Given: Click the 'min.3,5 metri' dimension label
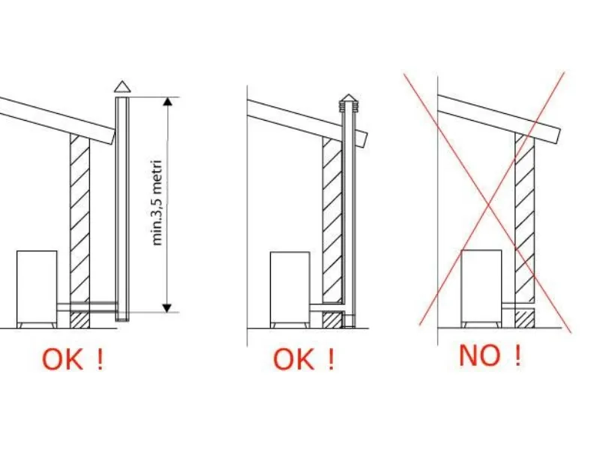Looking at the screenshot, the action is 157,202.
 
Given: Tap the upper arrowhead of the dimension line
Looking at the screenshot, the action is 167,102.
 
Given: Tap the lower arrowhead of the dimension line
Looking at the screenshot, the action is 167,307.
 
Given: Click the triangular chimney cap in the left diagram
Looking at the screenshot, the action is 122,87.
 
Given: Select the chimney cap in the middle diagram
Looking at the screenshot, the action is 348,103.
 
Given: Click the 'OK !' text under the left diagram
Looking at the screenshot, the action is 73,359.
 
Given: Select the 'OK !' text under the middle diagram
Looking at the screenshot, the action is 304,359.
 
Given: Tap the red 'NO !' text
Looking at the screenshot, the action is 490,355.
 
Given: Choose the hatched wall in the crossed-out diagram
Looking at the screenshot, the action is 524,229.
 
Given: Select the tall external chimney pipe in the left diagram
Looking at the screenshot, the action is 122,208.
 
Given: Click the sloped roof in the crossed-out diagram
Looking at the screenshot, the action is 499,118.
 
